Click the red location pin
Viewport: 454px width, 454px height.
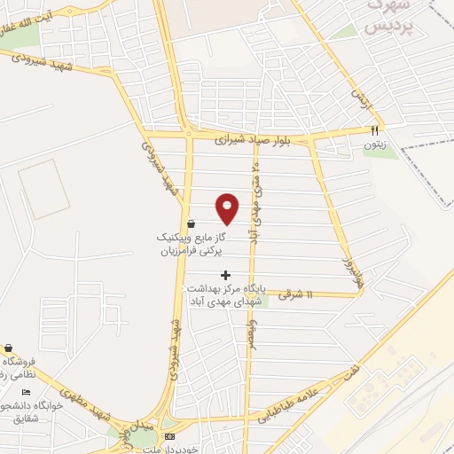[x=228, y=208]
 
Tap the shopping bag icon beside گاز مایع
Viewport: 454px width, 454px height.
[x=192, y=224]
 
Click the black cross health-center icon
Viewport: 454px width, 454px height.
[x=225, y=275]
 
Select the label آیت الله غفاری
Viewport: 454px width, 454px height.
[x=27, y=25]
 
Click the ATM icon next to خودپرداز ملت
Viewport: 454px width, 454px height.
[x=171, y=437]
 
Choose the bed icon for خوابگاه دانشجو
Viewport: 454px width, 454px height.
[x=26, y=392]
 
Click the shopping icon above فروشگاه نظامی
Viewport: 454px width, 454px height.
[x=9, y=348]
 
